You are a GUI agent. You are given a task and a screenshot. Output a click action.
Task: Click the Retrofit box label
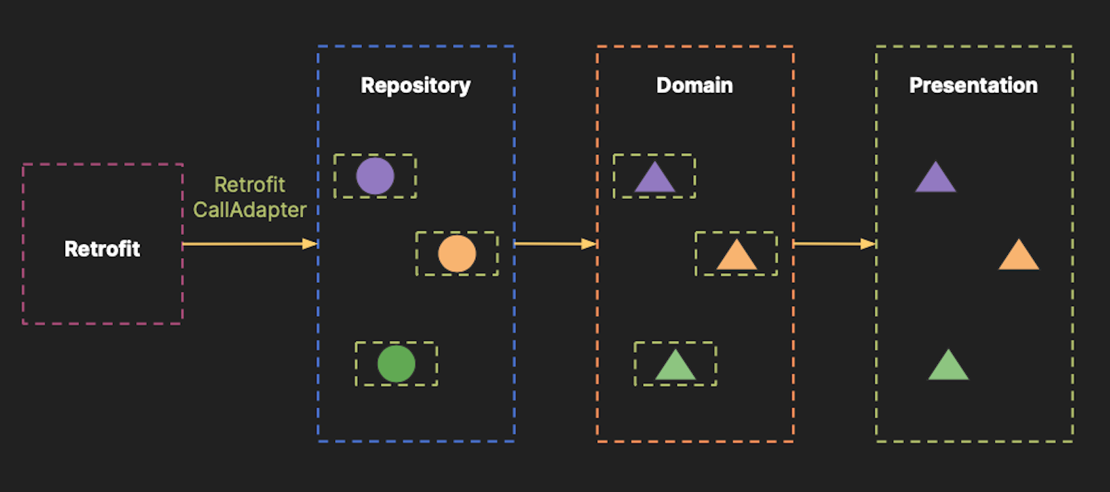[102, 249]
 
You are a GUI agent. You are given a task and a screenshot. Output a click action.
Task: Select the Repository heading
[416, 85]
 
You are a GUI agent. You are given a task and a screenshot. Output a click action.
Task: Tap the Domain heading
[694, 85]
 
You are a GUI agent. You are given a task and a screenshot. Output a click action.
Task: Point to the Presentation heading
[973, 85]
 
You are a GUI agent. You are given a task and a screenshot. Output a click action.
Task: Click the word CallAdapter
[250, 210]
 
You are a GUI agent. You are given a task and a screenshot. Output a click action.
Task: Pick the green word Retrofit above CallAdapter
[250, 184]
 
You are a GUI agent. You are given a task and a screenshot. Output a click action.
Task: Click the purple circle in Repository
[375, 176]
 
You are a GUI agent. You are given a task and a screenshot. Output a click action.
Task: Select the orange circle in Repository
[457, 254]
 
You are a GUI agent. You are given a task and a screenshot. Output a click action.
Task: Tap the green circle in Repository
[396, 364]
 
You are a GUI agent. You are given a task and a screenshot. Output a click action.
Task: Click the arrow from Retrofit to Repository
[243, 244]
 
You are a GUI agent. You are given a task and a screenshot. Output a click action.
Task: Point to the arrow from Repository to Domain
[552, 244]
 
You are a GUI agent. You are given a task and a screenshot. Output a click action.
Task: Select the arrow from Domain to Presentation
[829, 244]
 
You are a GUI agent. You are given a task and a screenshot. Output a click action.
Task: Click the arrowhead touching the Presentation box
[868, 244]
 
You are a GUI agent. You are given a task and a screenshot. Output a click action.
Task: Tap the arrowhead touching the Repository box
[310, 244]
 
